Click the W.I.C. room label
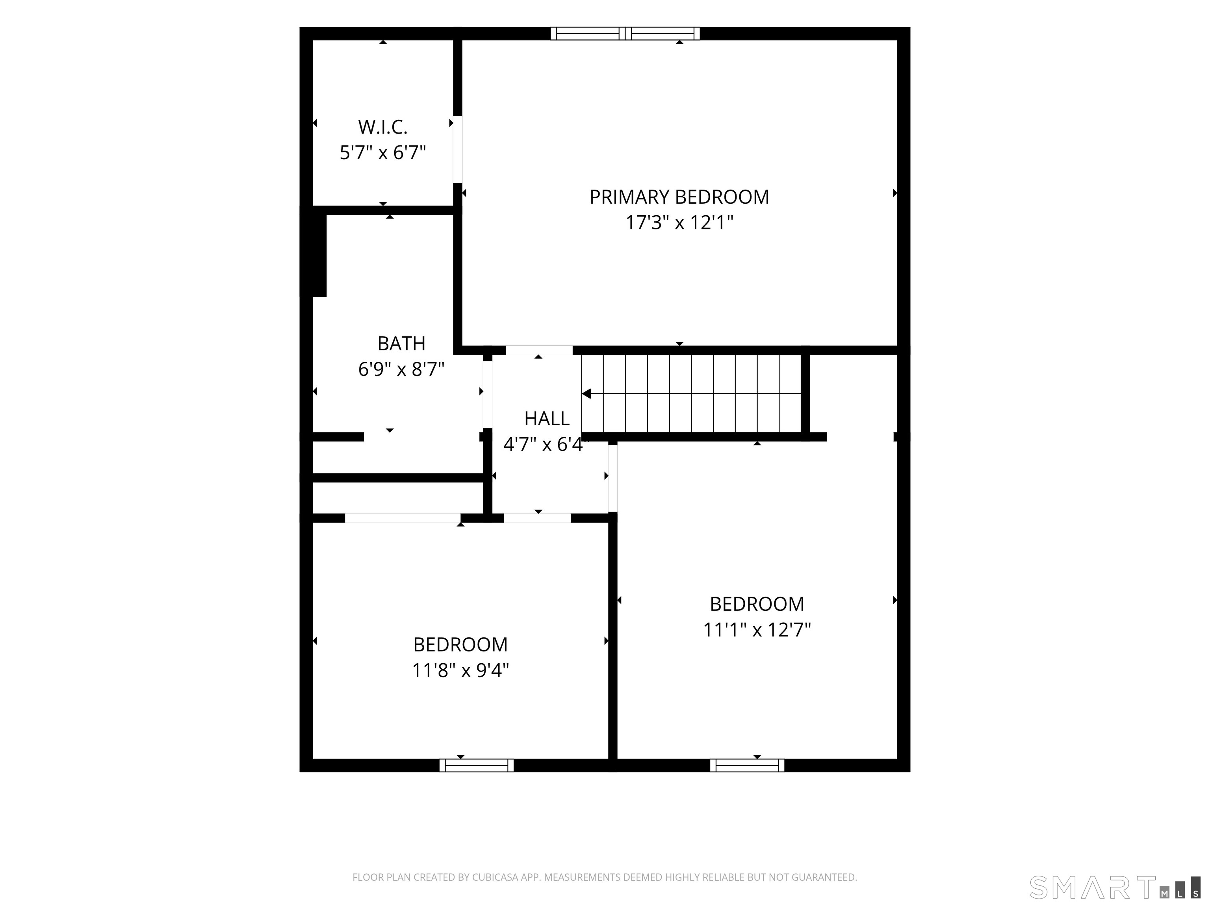tap(383, 127)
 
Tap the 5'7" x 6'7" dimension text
tap(383, 152)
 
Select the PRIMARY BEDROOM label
tap(679, 197)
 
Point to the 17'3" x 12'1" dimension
tap(679, 223)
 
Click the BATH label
tap(401, 344)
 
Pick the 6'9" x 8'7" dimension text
tap(401, 369)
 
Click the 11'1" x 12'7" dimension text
tap(757, 630)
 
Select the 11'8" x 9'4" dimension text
tap(460, 670)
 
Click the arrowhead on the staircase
tap(586, 394)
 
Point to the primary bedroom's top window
tap(625, 33)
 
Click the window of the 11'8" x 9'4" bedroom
tap(477, 765)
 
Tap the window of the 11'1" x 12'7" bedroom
tap(747, 765)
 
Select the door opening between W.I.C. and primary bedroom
tap(457, 149)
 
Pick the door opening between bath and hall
tap(487, 394)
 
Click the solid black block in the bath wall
tap(319, 255)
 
